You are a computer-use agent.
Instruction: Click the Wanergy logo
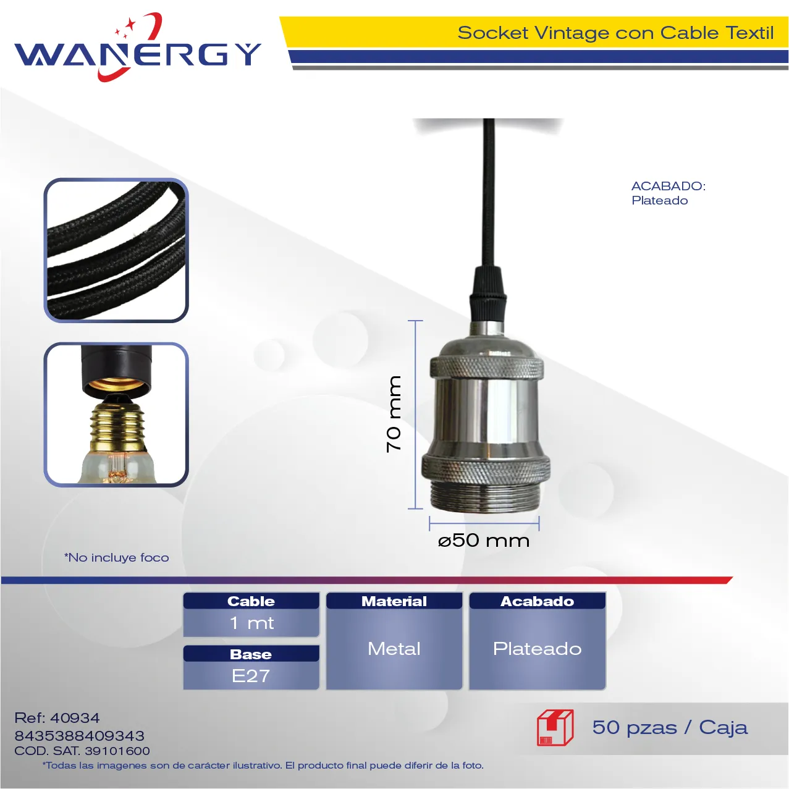pyautogui.click(x=138, y=47)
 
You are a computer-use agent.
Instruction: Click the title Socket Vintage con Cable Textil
pyautogui.click(x=615, y=33)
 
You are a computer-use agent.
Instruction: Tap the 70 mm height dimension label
pyautogui.click(x=394, y=414)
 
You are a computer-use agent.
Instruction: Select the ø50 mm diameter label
pyautogui.click(x=484, y=541)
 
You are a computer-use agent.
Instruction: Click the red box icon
pyautogui.click(x=555, y=727)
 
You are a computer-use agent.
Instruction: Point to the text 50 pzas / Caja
pyautogui.click(x=670, y=728)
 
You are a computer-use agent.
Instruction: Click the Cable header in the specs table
pyautogui.click(x=251, y=601)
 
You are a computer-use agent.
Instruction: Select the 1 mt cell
pyautogui.click(x=251, y=623)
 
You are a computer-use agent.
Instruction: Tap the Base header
pyautogui.click(x=251, y=654)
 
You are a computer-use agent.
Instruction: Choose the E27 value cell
pyautogui.click(x=251, y=675)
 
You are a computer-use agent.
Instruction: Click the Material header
pyautogui.click(x=394, y=601)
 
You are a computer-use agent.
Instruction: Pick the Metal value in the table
pyautogui.click(x=394, y=649)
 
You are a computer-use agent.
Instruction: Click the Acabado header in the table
pyautogui.click(x=537, y=601)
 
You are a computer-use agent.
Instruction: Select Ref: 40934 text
pyautogui.click(x=57, y=718)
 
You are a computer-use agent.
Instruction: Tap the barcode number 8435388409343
pyautogui.click(x=80, y=736)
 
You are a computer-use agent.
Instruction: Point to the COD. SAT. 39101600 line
pyautogui.click(x=82, y=751)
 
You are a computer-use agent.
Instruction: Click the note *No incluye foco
pyautogui.click(x=117, y=557)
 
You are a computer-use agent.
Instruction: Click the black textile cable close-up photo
pyautogui.click(x=116, y=250)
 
